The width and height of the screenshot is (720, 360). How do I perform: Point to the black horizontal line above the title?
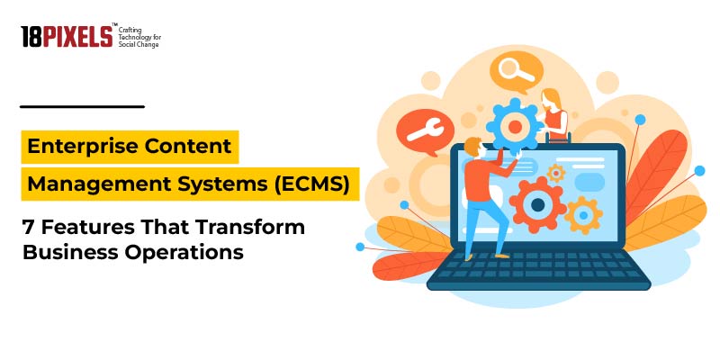click(82, 106)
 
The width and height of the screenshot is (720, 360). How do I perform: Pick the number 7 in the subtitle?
click(28, 227)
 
